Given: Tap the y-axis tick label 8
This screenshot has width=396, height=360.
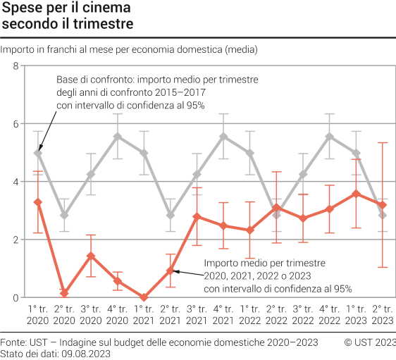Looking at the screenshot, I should click(x=15, y=66).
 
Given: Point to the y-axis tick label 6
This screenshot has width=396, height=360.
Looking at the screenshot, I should click(x=15, y=124).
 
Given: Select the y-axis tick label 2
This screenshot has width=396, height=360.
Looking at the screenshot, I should click(x=15, y=240).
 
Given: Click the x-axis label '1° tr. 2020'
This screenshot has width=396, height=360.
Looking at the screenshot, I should click(x=38, y=315).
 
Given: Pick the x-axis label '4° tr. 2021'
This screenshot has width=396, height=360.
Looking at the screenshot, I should click(x=223, y=315).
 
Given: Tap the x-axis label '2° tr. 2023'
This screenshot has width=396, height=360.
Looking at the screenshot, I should click(x=383, y=315).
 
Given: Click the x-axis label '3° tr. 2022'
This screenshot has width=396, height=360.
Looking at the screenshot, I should click(x=303, y=315).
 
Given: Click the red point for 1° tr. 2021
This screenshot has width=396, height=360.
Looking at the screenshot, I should click(x=144, y=297).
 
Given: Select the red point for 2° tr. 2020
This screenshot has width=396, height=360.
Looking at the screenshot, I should click(x=64, y=293).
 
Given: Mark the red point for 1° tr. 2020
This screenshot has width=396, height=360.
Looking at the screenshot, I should click(x=38, y=202).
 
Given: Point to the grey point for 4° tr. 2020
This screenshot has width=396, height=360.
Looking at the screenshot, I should click(x=118, y=137).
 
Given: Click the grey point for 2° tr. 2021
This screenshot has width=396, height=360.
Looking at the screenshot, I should click(x=171, y=215).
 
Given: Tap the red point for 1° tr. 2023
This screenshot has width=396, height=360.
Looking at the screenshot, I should click(x=356, y=194).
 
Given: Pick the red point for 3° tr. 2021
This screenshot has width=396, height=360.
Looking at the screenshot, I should click(x=197, y=216).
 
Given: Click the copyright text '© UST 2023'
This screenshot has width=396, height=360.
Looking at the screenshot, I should click(x=369, y=342).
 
